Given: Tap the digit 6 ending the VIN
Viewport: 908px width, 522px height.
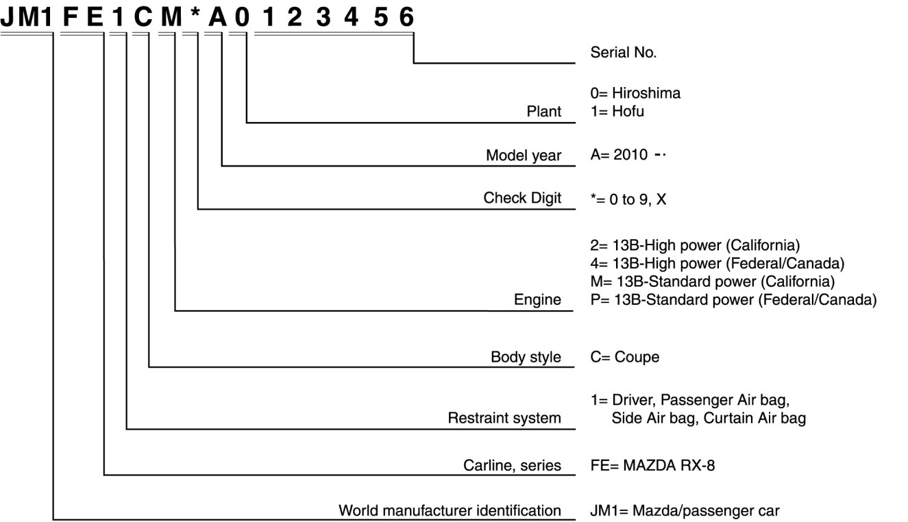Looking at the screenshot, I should [406, 16].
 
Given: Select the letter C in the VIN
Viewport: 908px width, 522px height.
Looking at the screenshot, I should [143, 16].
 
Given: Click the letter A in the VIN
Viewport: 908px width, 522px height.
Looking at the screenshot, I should [217, 16].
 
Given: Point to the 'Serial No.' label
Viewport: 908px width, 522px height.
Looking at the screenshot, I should [623, 52].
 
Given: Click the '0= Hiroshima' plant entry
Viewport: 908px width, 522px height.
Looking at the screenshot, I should [635, 93].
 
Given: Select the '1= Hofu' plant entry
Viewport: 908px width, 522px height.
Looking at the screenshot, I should [617, 111].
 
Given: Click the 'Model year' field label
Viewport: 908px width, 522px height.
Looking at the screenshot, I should [524, 156].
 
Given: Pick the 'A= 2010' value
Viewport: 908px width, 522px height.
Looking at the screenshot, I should [619, 155].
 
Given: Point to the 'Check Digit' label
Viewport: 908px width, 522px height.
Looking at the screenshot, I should [522, 198].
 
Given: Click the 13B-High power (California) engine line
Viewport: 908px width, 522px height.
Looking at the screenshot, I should [695, 245].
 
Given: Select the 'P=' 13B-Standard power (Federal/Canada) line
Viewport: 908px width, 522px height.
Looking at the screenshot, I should [733, 299].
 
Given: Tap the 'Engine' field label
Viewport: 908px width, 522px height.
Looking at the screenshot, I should [537, 299].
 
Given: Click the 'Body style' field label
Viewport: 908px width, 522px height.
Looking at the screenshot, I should [526, 357].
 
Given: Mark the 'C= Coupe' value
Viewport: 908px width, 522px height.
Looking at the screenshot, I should [624, 357].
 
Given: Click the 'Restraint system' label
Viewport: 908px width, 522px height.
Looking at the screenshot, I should [504, 417].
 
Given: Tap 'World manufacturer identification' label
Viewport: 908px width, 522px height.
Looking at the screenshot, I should [450, 510].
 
